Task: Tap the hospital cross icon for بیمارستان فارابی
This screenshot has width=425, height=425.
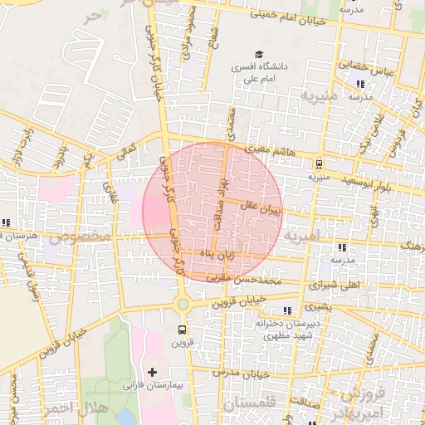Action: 151,370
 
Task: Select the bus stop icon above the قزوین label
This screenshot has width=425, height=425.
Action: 182,329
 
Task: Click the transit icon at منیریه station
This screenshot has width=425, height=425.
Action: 320,163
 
